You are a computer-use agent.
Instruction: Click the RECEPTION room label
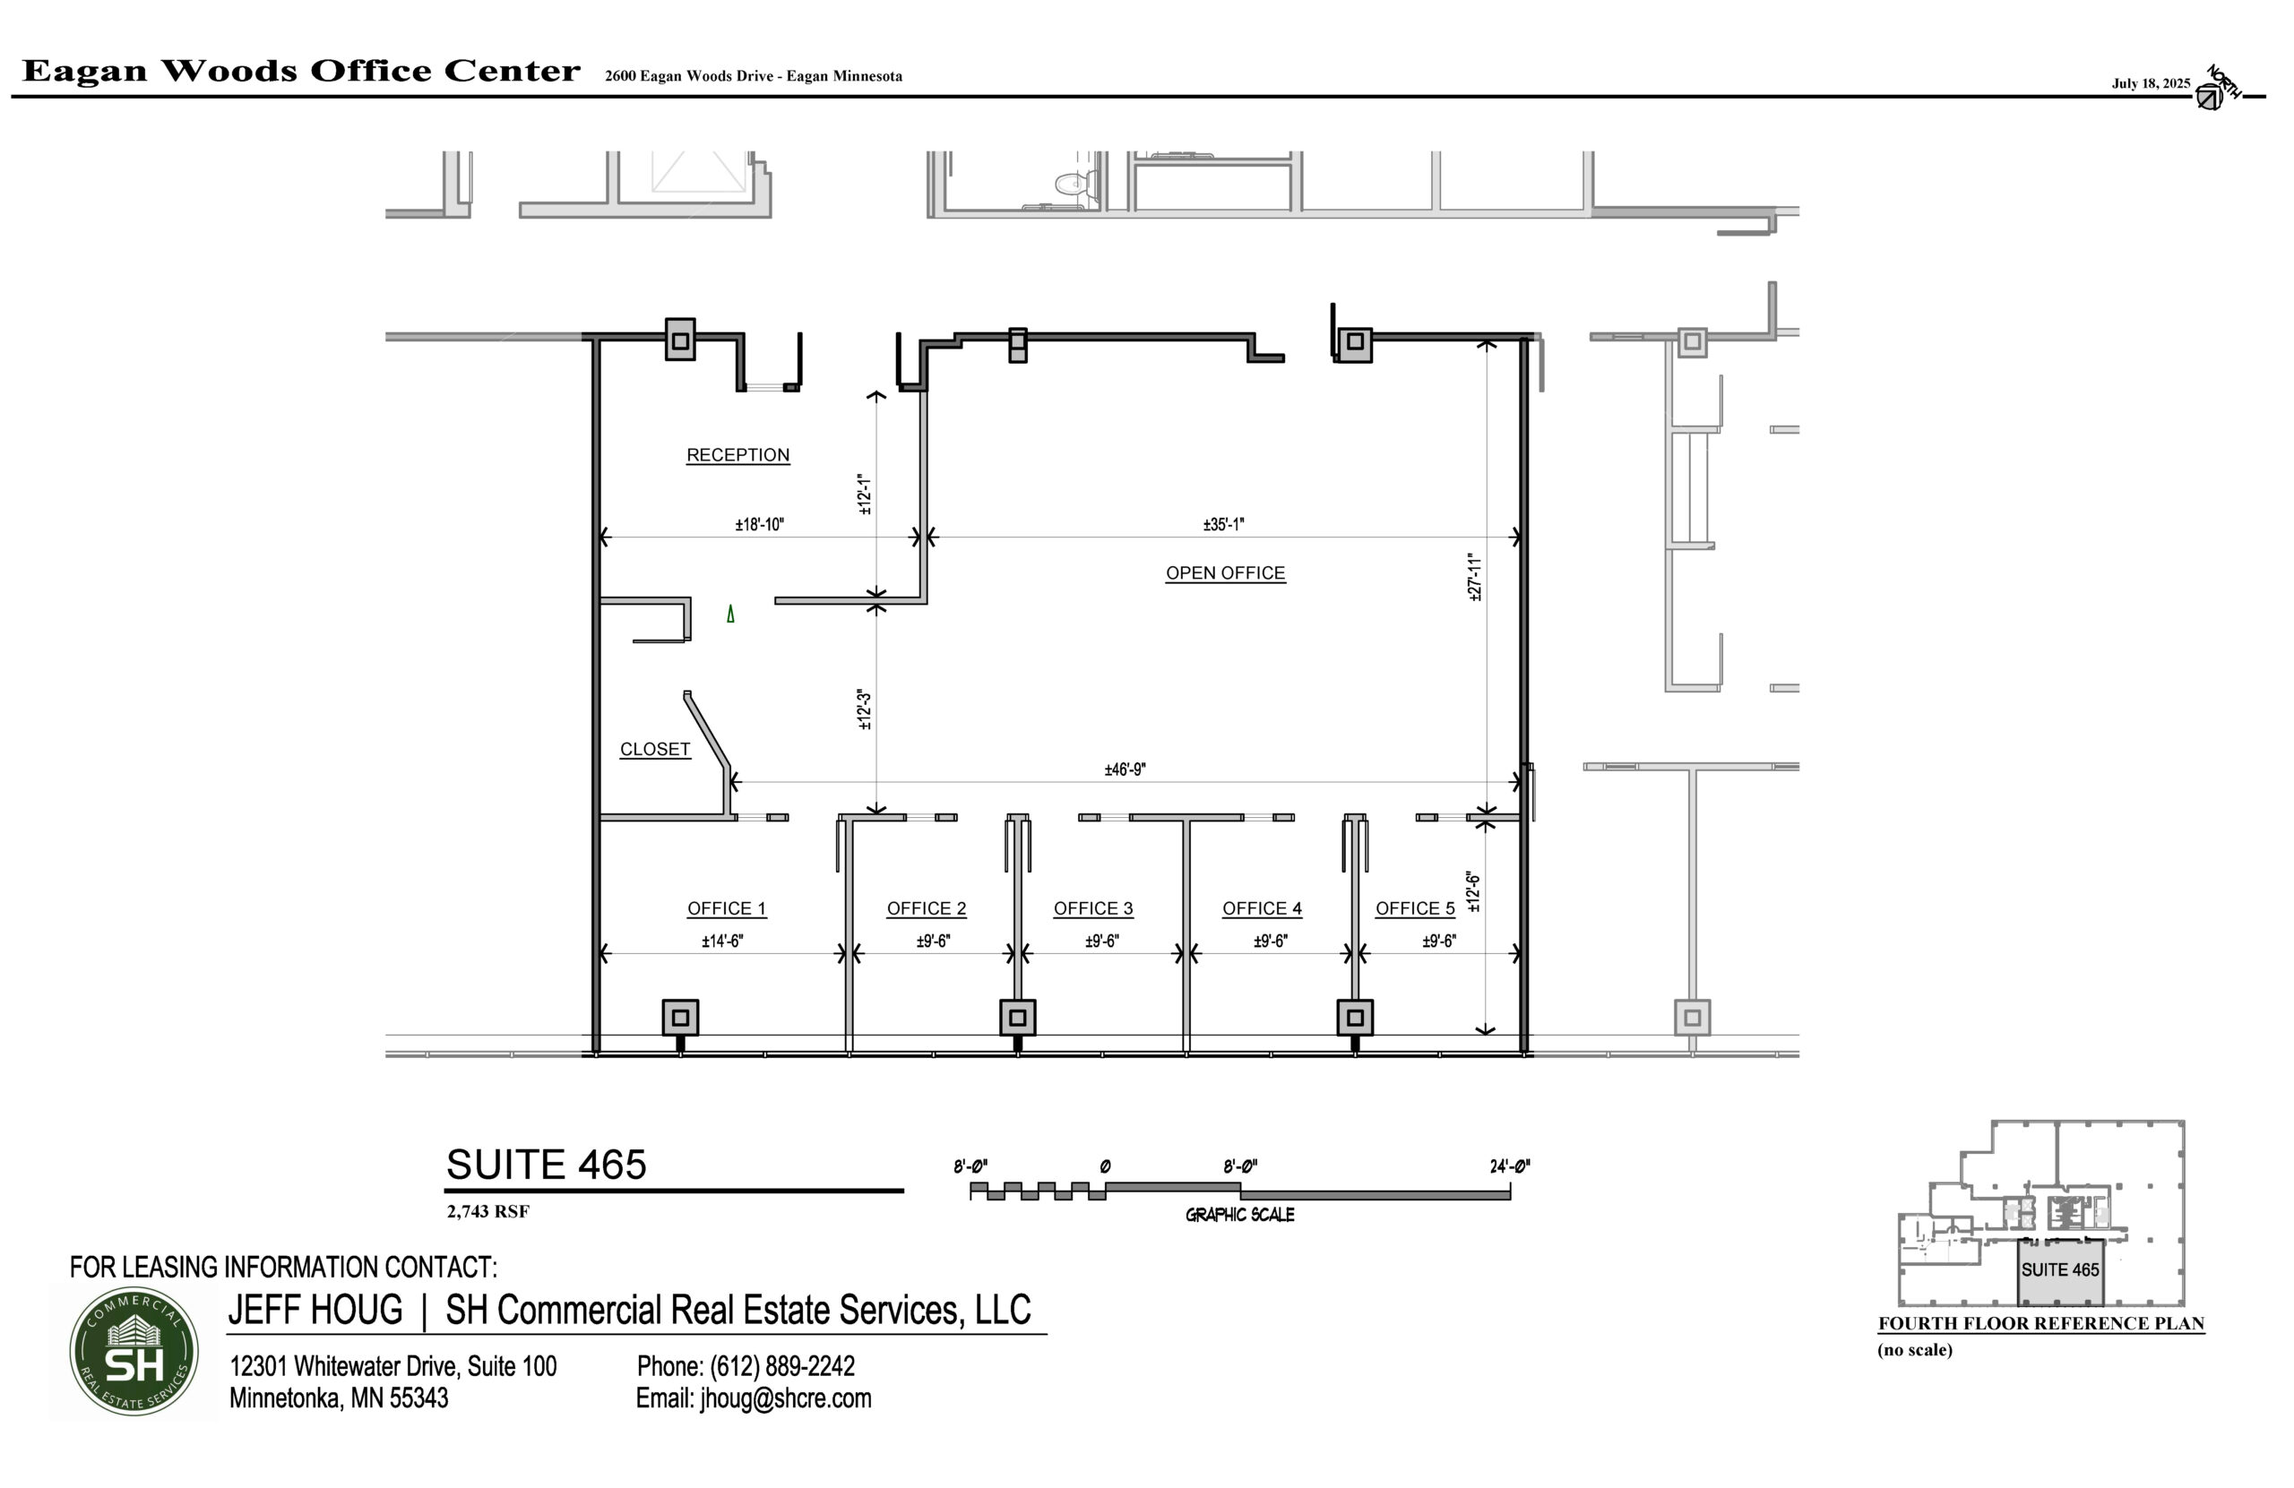pos(737,455)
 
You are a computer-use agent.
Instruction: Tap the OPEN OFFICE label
pos(1225,572)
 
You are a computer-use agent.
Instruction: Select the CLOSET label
pos(654,749)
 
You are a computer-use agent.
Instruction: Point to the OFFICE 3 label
pos(1093,907)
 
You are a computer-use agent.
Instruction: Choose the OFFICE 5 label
pos(1415,907)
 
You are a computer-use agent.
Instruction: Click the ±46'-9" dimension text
pos(1125,769)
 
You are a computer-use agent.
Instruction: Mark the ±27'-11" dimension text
pos(1474,576)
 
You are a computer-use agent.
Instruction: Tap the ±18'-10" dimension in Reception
pos(760,524)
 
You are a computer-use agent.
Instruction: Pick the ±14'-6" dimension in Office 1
pos(722,941)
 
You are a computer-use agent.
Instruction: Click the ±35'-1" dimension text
pos(1223,524)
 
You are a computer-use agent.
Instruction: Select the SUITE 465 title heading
pos(546,1165)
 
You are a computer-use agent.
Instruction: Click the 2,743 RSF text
pos(487,1211)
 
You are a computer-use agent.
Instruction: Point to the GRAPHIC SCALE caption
pos(1239,1216)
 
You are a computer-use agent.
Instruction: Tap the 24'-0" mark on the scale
pos(1509,1166)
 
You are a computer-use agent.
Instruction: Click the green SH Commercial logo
pos(134,1351)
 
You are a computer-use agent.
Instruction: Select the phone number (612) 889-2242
pos(781,1365)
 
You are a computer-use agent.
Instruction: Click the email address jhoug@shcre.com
pos(786,1398)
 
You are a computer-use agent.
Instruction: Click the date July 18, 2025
pos(2151,84)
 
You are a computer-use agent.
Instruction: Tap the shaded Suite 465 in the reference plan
pos(2060,1272)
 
